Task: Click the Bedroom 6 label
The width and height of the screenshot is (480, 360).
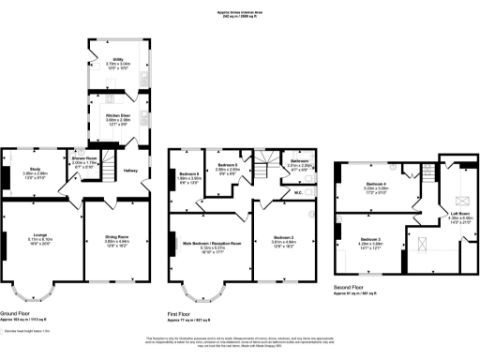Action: pos(191,172)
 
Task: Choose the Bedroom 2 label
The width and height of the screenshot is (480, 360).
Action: pos(284,238)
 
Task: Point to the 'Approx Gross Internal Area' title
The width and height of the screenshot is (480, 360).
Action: pos(239,12)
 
